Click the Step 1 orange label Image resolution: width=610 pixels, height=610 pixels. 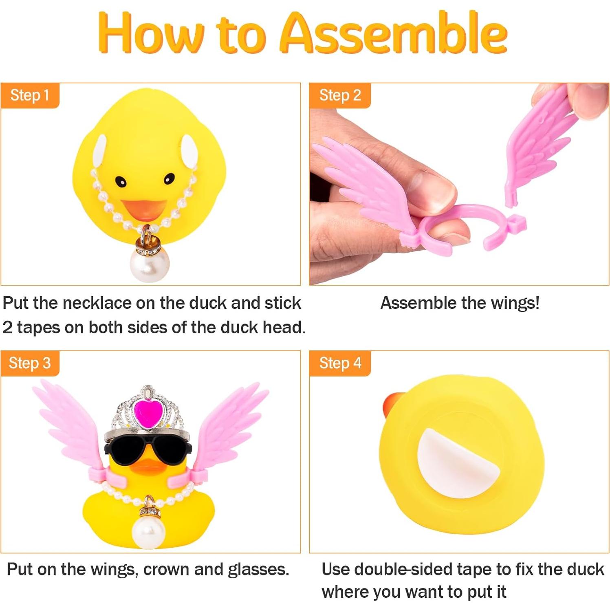pyautogui.click(x=30, y=95)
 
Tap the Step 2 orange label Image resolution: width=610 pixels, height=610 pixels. pyautogui.click(x=340, y=95)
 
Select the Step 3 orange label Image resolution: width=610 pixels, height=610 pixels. pyautogui.click(x=30, y=363)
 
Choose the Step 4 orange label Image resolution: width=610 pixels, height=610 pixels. pyautogui.click(x=340, y=363)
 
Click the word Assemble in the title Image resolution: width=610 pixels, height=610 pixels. pyautogui.click(x=394, y=33)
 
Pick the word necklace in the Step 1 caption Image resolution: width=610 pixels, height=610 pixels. pyautogui.click(x=97, y=303)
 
